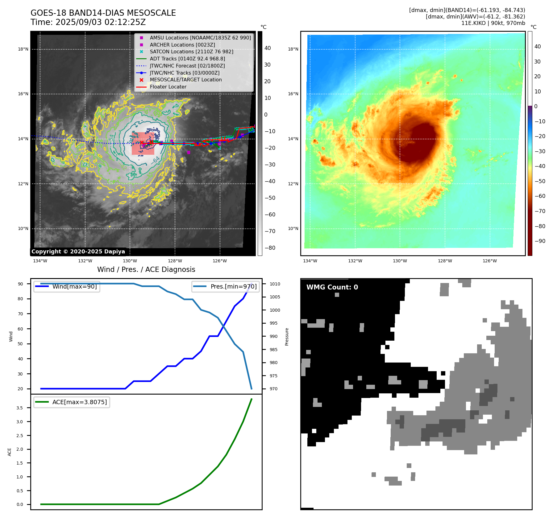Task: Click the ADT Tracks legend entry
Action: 187,59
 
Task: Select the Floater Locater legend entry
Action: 168,87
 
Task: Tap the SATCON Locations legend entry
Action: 191,51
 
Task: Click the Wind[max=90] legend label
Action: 74,286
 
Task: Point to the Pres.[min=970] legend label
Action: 233,286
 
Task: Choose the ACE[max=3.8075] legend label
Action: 80,402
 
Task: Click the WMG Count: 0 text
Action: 332,287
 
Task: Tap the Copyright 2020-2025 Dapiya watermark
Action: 78,252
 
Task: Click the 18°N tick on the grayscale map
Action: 23,49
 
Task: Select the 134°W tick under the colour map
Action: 310,261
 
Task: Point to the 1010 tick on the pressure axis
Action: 275,284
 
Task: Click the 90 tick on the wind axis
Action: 20,284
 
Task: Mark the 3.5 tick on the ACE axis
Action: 20,408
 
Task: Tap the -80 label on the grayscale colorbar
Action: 270,248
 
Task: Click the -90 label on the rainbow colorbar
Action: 540,241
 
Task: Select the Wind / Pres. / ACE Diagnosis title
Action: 146,269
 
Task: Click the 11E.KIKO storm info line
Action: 493,23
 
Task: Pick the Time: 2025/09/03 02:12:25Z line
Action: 88,22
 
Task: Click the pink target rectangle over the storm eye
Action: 143,144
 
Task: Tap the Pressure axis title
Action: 287,337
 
